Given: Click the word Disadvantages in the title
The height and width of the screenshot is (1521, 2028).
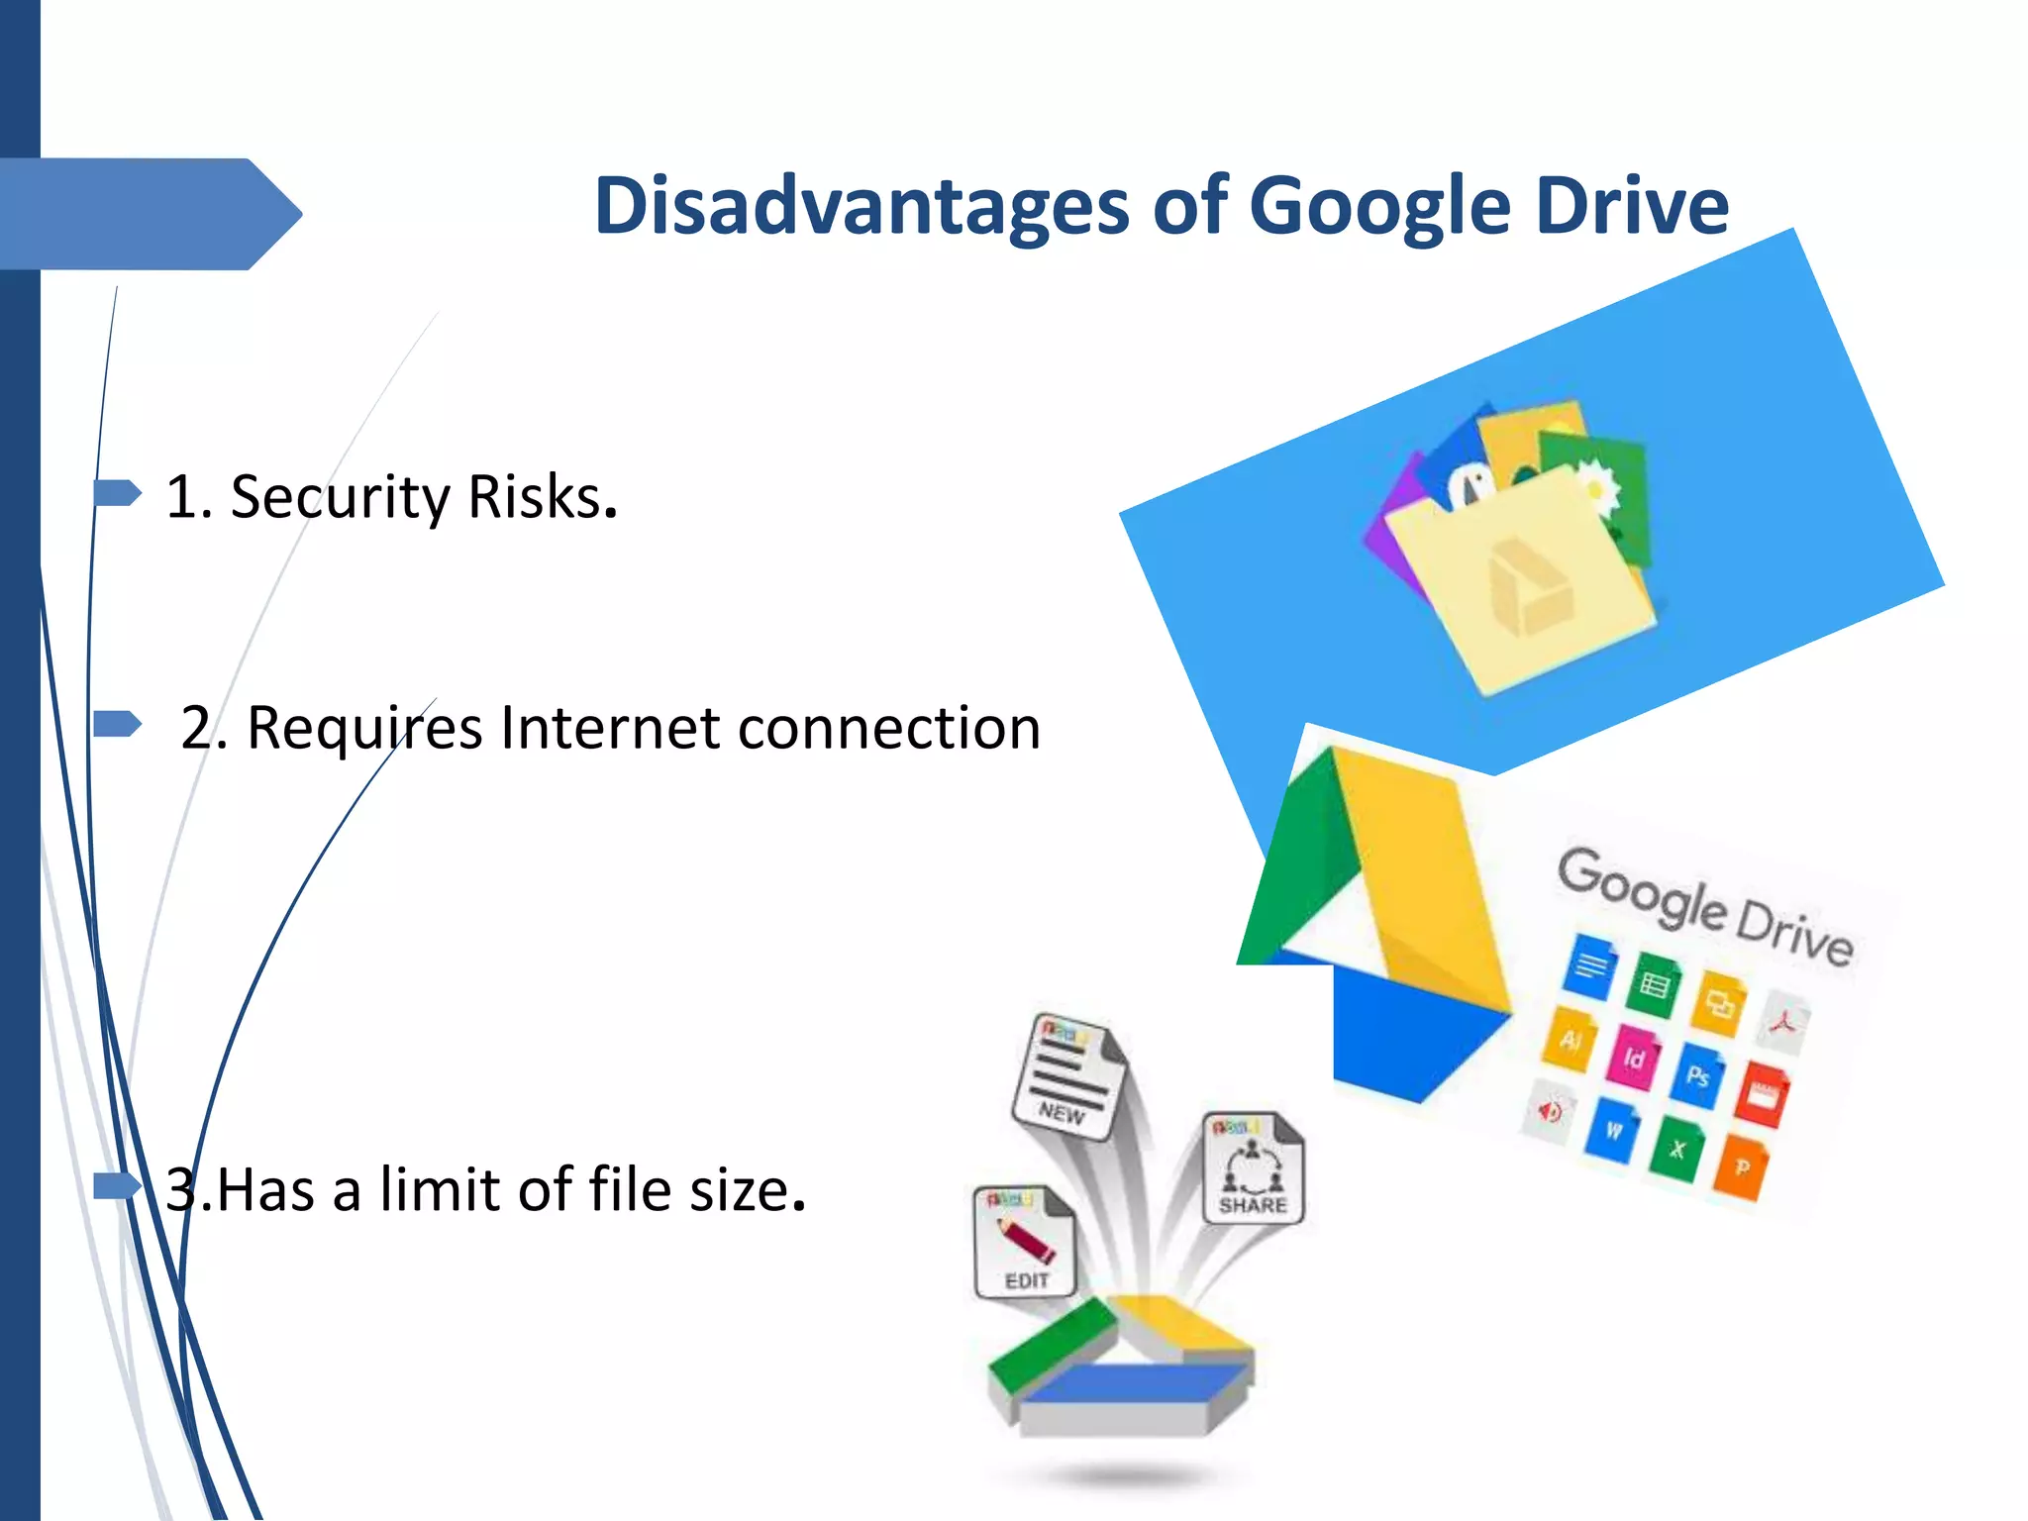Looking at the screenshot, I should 862,206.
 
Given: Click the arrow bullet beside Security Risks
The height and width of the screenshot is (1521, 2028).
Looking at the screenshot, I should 118,492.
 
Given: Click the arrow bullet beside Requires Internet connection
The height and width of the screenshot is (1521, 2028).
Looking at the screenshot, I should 118,724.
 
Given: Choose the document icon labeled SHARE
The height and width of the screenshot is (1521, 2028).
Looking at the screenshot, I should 1254,1168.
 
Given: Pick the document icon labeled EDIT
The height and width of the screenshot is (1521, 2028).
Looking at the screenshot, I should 1024,1242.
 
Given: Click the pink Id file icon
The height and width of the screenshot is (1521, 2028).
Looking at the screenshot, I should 1634,1057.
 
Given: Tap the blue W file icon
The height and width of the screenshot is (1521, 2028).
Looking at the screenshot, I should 1614,1129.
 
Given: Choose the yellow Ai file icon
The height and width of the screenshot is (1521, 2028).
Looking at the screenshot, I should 1571,1039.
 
